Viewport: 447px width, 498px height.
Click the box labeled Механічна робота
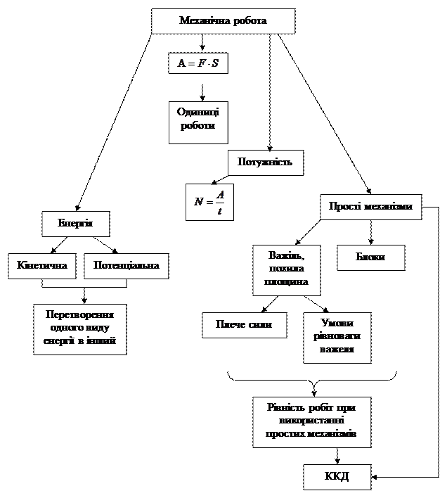pos(223,21)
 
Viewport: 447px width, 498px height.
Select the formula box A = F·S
pos(198,64)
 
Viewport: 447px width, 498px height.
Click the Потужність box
pos(265,162)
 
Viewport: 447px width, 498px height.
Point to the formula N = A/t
pos(209,203)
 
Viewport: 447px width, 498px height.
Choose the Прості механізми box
pos(370,207)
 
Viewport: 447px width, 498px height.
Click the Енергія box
pos(75,224)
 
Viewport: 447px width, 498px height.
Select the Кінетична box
pos(42,266)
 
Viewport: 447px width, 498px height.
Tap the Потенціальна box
pos(127,266)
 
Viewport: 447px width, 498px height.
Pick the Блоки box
pos(370,257)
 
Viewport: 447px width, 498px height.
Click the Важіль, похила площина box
pos(286,269)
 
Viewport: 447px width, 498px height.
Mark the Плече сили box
pos(245,325)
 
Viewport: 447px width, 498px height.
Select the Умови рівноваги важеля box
pos(337,337)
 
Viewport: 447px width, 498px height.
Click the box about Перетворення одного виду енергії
pos(79,328)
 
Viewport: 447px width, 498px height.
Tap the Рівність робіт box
pos(311,421)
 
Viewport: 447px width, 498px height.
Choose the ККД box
pos(337,477)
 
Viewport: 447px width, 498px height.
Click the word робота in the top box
pos(247,21)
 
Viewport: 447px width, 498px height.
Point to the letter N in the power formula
pos(199,203)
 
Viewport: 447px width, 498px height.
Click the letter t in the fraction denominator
pos(220,211)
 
